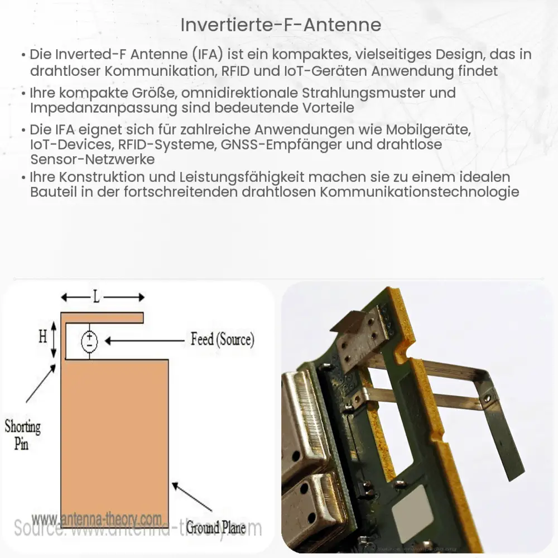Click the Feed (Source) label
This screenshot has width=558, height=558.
point(222,339)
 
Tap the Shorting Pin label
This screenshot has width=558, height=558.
point(22,435)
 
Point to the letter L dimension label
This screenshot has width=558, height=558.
point(97,297)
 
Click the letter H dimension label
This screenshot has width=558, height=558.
point(42,336)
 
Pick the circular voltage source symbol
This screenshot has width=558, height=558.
point(89,341)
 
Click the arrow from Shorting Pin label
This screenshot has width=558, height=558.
point(41,383)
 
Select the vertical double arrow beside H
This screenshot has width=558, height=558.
point(54,339)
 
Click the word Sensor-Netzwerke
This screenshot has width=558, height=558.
point(93,158)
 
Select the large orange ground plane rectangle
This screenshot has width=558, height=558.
point(114,435)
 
